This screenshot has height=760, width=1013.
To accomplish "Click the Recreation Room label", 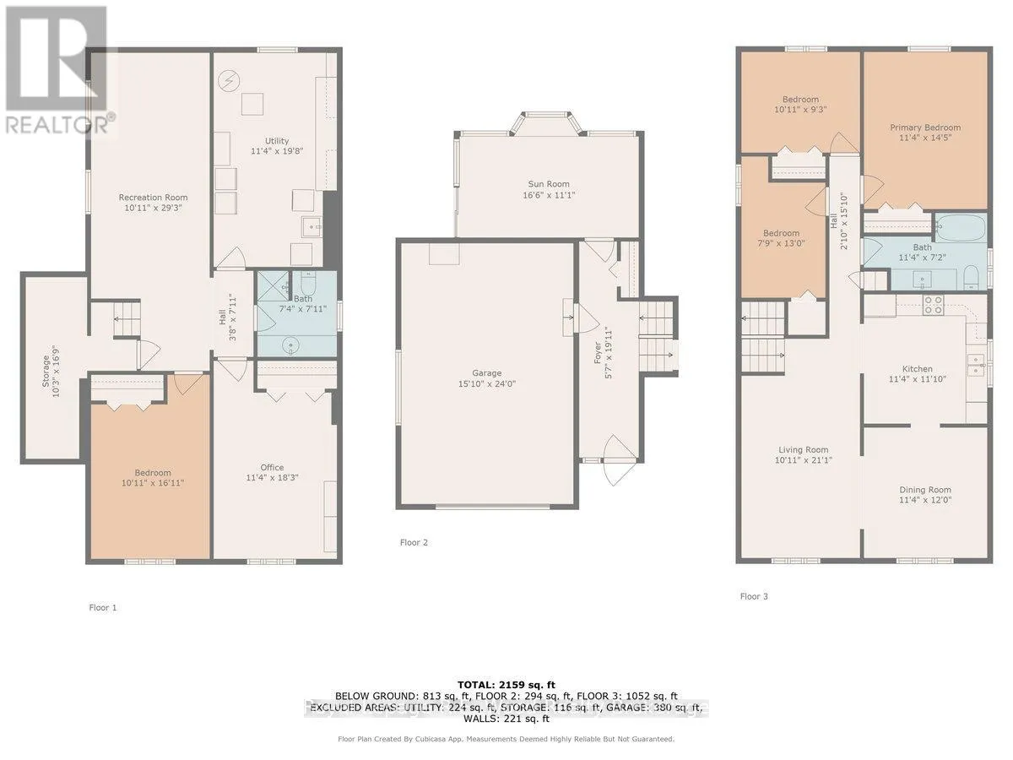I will coord(153,198).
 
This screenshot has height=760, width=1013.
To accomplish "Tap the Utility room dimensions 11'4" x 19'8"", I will coord(277,152).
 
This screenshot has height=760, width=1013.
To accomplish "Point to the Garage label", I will coord(487,373).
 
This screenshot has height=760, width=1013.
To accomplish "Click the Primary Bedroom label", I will coord(925,128).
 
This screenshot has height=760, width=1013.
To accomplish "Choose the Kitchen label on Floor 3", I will coord(918,369).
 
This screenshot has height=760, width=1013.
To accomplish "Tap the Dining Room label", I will coord(925,490).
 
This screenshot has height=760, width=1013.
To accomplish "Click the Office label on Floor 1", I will coord(272,467).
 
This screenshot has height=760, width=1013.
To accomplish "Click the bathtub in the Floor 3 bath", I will coord(960,227).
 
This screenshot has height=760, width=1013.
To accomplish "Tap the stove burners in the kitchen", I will coord(934,305).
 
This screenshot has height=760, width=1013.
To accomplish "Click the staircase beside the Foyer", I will coord(657,334).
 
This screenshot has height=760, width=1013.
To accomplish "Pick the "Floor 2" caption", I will coord(414,542).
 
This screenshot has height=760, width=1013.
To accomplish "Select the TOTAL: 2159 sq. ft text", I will coord(506,685).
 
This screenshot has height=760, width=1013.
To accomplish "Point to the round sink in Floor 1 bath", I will coord(293,345).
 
